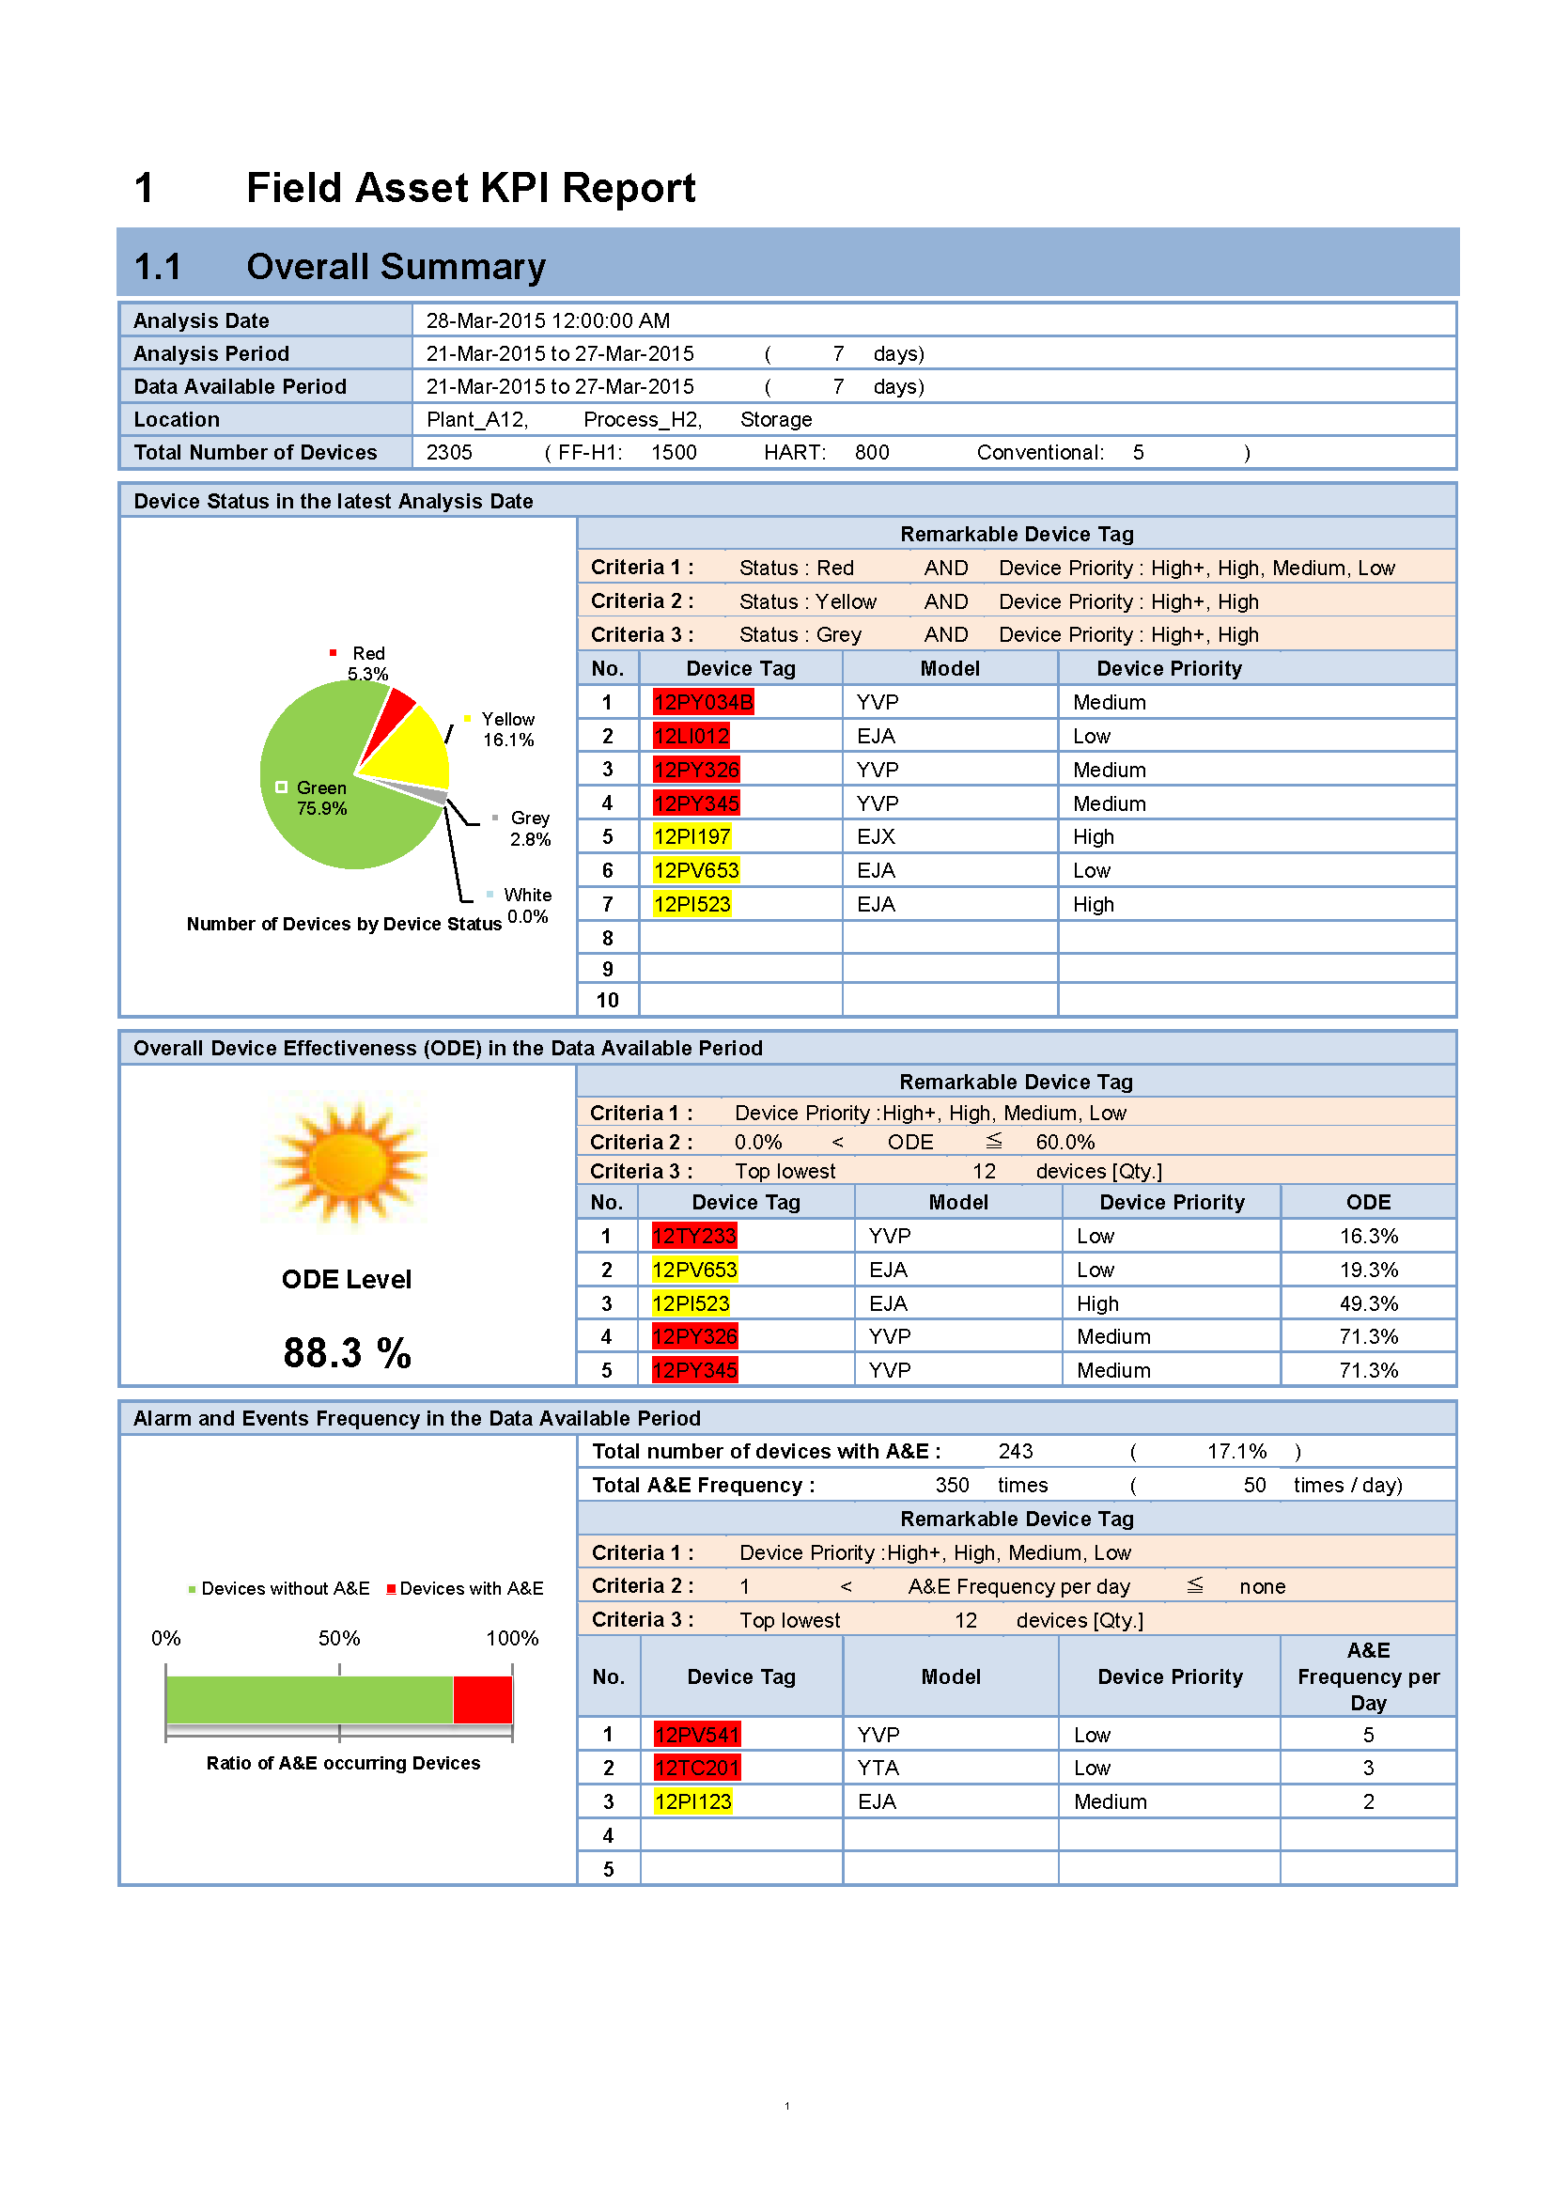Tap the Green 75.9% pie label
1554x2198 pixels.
pos(321,799)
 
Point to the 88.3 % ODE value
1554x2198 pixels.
pos(347,1352)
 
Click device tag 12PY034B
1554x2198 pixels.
pos(704,703)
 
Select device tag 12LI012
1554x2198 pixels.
pos(691,736)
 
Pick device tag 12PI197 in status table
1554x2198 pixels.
pos(692,836)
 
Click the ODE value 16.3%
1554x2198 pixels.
pos(1367,1236)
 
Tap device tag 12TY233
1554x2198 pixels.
pos(693,1236)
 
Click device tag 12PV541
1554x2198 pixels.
pos(696,1735)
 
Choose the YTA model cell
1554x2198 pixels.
pos(878,1769)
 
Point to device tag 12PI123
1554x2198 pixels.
pos(692,1801)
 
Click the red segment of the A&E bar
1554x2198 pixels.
pos(482,1699)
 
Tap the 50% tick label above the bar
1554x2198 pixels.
pos(339,1638)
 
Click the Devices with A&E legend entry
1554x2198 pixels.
pos(465,1588)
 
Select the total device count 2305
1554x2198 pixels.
pos(449,453)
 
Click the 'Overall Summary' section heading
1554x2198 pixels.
pos(396,266)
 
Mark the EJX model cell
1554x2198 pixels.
pos(876,836)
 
